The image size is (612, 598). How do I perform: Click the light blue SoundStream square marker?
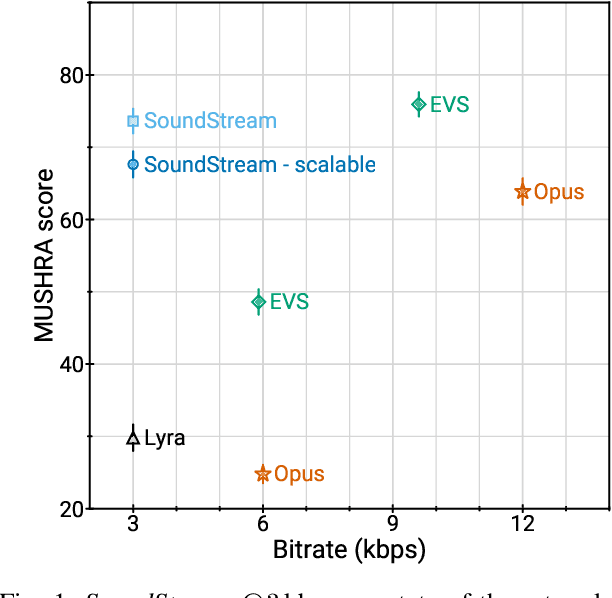tap(133, 121)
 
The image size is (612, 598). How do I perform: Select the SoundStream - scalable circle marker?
tap(133, 164)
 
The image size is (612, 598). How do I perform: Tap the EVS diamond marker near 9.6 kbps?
tap(419, 104)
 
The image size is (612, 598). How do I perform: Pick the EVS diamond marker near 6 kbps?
tap(259, 301)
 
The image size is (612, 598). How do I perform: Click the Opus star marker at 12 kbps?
tap(522, 191)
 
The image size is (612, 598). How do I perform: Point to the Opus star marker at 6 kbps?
tap(263, 474)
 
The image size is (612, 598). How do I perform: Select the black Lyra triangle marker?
tap(133, 436)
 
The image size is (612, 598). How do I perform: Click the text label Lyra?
tap(165, 438)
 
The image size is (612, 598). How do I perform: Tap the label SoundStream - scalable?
tap(260, 165)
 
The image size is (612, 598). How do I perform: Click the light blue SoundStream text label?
tap(210, 121)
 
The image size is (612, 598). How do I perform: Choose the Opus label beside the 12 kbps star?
tap(559, 192)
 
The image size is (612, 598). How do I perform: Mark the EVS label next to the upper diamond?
tap(449, 104)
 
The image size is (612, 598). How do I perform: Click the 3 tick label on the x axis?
tap(133, 526)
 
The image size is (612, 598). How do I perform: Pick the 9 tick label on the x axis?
tap(392, 526)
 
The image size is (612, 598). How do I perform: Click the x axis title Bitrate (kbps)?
tap(349, 550)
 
